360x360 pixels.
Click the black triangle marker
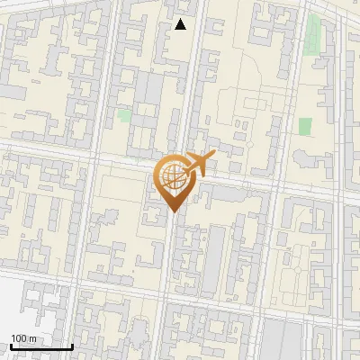click(181, 24)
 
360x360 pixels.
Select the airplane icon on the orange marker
click(199, 164)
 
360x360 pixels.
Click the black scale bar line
click(41, 346)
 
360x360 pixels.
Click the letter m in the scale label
click(31, 338)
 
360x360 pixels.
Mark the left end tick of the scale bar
click(10, 346)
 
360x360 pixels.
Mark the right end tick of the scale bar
click(73, 346)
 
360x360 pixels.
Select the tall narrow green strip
click(315, 33)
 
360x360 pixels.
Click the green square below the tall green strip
click(305, 126)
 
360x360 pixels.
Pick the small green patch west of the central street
click(124, 115)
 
